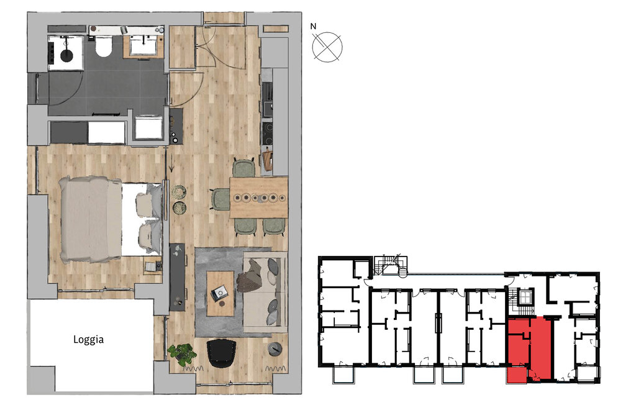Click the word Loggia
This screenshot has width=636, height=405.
(x=88, y=340)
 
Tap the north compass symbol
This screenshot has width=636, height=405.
(x=327, y=48)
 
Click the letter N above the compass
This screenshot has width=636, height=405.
(x=314, y=27)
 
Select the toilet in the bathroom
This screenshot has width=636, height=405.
(x=103, y=47)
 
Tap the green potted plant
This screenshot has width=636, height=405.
(x=181, y=355)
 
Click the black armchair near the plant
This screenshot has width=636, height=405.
(x=221, y=352)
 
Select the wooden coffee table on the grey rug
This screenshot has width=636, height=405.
(x=220, y=292)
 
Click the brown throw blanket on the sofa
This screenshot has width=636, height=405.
(x=253, y=276)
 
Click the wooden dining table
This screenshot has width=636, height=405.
(x=259, y=198)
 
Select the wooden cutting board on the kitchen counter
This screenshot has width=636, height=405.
(x=268, y=160)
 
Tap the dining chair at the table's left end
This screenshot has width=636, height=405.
(x=220, y=199)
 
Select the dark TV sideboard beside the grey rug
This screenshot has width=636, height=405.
(x=178, y=276)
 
